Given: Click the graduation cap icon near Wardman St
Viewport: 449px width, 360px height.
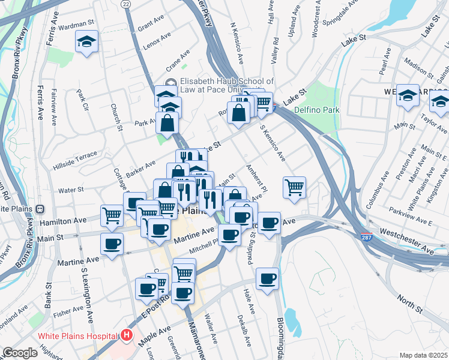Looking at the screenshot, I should pos(86,42).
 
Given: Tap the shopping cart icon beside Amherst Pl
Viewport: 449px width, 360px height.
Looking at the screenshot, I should pos(294,187).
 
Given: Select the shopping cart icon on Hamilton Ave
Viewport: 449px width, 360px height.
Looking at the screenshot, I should pos(112,215).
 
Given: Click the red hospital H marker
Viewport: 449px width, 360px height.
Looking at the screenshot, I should pos(126,335).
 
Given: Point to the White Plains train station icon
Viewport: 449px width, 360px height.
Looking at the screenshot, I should pos(40,209).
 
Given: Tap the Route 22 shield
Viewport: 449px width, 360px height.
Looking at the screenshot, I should pos(125,4).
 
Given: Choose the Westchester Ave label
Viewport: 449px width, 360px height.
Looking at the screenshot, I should pos(406,240).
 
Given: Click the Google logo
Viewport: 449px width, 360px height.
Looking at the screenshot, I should pos(19,353).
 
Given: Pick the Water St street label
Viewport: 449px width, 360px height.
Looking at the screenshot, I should pos(71,190).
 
